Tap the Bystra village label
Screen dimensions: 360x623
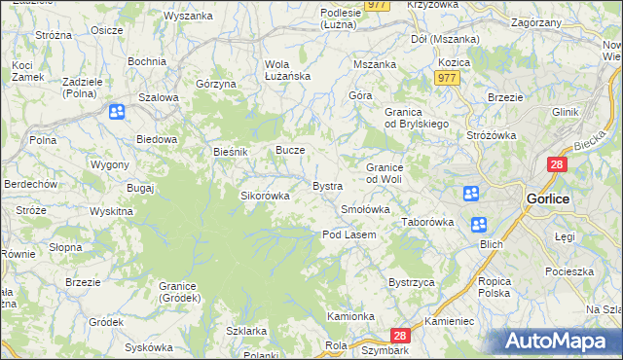[x=326, y=186]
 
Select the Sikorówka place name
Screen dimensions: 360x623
[x=266, y=196]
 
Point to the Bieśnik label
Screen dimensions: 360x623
[x=232, y=153]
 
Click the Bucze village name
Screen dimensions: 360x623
[x=291, y=151]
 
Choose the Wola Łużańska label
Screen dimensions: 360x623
[x=286, y=71]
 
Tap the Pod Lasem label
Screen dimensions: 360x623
[x=349, y=234]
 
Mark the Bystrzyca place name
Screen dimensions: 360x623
[x=411, y=282]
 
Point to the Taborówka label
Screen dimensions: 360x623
[x=428, y=222]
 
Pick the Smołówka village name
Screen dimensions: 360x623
[x=366, y=209]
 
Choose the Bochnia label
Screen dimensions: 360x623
[x=146, y=61]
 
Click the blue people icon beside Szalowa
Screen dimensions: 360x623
[x=116, y=112]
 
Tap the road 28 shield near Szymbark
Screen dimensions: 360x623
[x=404, y=336]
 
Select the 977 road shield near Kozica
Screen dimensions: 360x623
[x=447, y=79]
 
